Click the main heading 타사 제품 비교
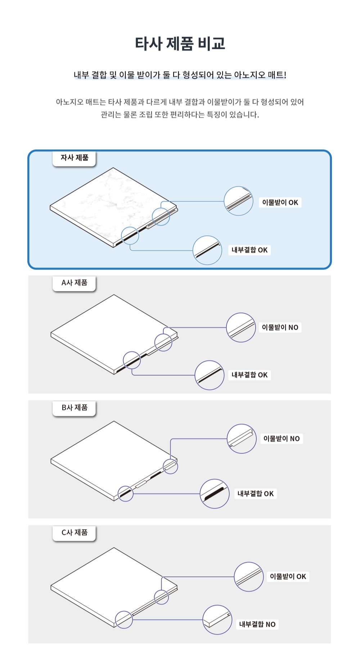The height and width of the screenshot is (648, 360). click(x=180, y=43)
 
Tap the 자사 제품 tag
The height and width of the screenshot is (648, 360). click(x=74, y=158)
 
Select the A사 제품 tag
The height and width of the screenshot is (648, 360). click(x=74, y=283)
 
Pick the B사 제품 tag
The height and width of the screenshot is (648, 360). click(x=74, y=408)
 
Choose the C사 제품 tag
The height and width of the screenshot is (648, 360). click(x=74, y=533)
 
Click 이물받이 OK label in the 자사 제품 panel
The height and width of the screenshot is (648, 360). click(x=280, y=203)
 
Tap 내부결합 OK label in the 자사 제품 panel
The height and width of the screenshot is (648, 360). click(x=249, y=250)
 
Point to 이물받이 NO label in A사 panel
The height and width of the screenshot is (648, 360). click(x=280, y=328)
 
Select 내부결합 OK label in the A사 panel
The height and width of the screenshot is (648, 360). click(x=249, y=375)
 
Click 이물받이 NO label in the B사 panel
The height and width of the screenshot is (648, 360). click(x=282, y=439)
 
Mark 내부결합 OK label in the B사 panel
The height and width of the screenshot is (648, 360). click(x=256, y=494)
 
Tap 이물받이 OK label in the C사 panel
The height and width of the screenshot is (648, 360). click(x=288, y=577)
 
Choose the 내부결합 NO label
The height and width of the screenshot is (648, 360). click(x=257, y=625)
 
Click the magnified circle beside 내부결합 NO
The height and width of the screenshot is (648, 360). click(x=217, y=620)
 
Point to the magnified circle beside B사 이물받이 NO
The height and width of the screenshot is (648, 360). click(x=242, y=438)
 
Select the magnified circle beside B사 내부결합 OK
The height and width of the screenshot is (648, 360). click(x=215, y=494)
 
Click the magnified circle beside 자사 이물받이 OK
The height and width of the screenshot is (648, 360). click(x=239, y=201)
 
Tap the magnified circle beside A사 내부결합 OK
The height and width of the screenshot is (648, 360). click(x=210, y=375)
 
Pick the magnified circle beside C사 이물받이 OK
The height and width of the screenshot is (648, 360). click(x=249, y=577)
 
